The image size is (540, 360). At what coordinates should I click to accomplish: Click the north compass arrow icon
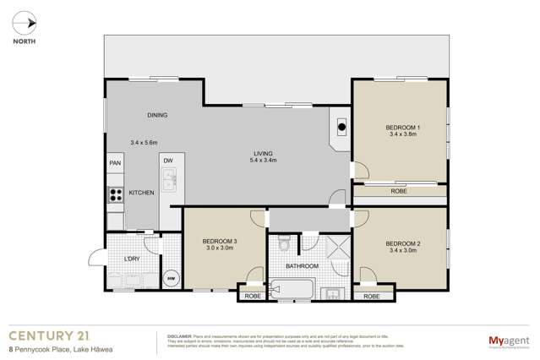[29, 23]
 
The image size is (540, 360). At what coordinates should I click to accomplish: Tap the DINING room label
[157, 116]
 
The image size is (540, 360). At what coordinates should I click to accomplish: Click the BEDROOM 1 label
[402, 127]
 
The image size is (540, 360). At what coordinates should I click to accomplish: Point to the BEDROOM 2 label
[402, 243]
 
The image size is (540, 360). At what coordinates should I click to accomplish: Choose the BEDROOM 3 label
[219, 242]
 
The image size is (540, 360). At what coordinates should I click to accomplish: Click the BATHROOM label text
[302, 266]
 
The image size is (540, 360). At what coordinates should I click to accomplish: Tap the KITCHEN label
[141, 194]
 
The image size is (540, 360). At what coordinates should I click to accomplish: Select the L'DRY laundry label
[132, 258]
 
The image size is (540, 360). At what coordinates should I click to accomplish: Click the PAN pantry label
[114, 164]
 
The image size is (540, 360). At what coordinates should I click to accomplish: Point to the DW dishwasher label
[168, 161]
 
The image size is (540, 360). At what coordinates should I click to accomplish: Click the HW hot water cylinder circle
[170, 279]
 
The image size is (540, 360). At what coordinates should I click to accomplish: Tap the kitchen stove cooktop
[115, 194]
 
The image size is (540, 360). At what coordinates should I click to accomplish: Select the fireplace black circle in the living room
[342, 128]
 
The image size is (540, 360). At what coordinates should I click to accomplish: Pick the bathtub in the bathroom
[292, 290]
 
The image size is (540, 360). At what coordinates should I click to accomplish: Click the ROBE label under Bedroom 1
[399, 192]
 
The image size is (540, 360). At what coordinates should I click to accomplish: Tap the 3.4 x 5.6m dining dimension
[144, 142]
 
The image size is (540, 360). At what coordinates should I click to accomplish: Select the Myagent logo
[509, 341]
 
